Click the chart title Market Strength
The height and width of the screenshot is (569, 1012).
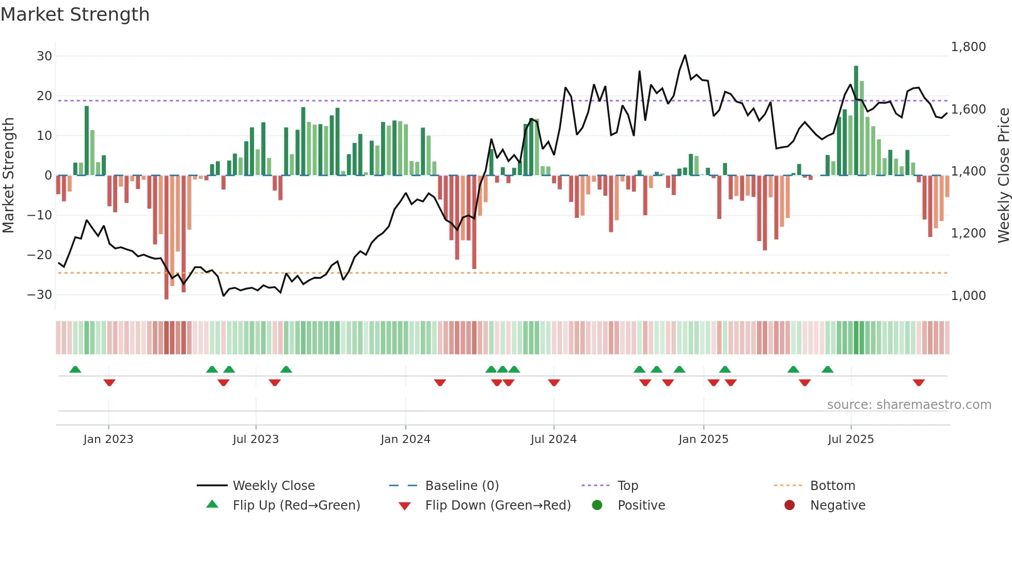pos(75,14)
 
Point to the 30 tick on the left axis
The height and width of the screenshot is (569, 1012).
pos(44,56)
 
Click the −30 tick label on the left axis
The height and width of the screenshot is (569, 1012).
pos(40,294)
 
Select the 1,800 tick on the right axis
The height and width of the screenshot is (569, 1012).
pos(968,46)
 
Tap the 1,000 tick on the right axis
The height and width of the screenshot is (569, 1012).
pos(968,295)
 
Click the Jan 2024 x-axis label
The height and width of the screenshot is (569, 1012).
pos(405,439)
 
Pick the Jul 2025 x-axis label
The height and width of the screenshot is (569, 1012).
pos(850,439)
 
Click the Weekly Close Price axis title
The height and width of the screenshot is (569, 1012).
pos(1003,175)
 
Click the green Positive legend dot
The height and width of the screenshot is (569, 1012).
pos(597,505)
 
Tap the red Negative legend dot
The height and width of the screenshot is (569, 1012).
pos(789,505)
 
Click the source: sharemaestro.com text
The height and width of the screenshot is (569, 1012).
pos(909,404)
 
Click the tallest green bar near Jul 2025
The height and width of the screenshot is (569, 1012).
pos(856,120)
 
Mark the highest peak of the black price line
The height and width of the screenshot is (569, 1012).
pos(685,55)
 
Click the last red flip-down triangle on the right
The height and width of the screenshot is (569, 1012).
pos(919,383)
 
